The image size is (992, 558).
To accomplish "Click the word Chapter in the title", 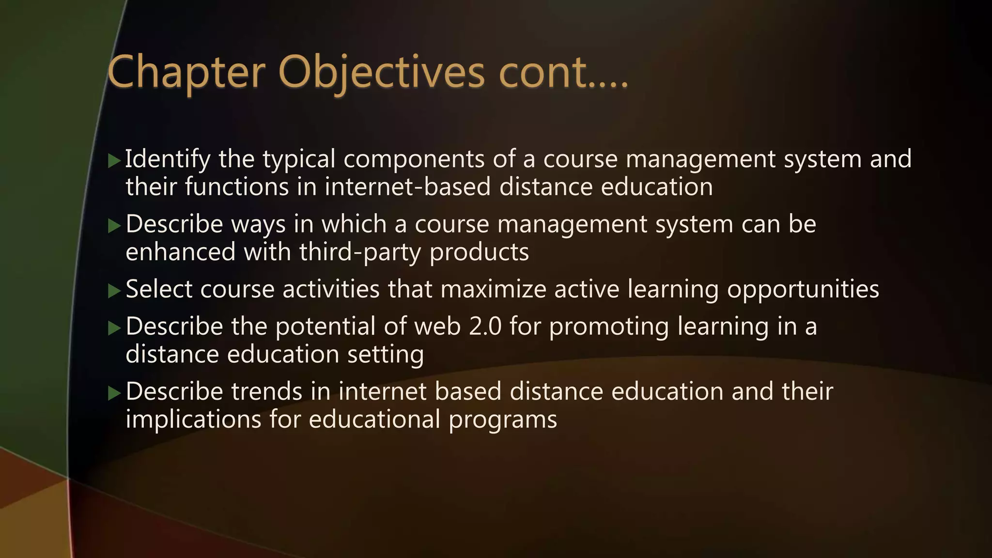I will click(x=186, y=73).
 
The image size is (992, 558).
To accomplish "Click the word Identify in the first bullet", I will click(x=168, y=159).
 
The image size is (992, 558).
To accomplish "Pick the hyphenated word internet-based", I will click(x=408, y=187).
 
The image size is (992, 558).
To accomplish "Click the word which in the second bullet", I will click(x=354, y=224).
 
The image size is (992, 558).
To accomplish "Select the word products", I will click(x=479, y=252).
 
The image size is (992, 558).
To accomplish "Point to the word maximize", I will click(x=493, y=289).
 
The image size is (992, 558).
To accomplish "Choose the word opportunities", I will click(x=803, y=289).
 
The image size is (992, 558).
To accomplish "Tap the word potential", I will click(x=325, y=326).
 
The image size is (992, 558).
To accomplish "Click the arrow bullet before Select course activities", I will click(x=114, y=291).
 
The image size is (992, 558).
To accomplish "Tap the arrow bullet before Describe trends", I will click(x=114, y=393).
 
